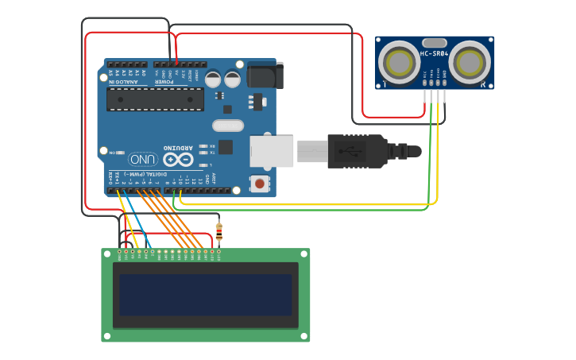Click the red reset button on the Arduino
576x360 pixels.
click(258, 184)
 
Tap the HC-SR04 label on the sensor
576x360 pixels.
click(435, 54)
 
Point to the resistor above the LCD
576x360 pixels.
click(219, 231)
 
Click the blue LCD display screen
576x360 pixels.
click(206, 295)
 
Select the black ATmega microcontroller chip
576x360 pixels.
click(156, 99)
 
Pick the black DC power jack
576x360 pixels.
click(264, 75)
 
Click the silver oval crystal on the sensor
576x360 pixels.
click(435, 42)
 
